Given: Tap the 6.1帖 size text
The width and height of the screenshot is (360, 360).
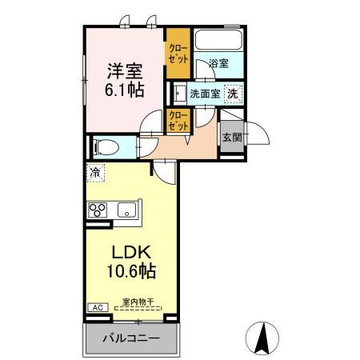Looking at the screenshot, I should pos(122,90).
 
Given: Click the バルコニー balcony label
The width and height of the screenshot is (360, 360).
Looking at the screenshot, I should pos(130,338).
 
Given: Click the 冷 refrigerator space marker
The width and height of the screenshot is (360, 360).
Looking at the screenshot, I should pos(95,170).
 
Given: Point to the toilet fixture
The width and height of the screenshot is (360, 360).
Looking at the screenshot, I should pos(105,146).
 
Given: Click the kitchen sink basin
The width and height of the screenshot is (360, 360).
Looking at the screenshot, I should pos(126,210).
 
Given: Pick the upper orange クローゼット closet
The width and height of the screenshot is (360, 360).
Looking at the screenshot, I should pos(177,54).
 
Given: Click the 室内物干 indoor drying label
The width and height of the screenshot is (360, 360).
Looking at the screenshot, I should pos(138,302).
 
